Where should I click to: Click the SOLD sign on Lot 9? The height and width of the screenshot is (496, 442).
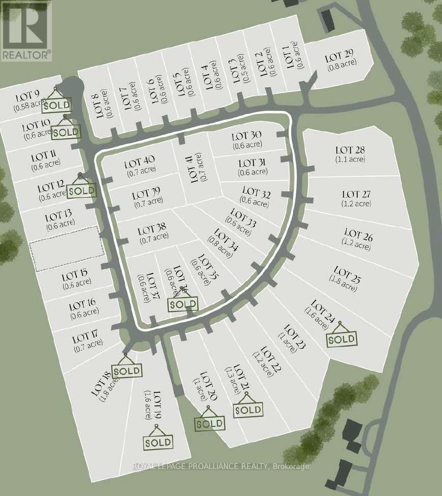(x=56, y=106)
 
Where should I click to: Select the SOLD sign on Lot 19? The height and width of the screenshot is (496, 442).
(x=159, y=442)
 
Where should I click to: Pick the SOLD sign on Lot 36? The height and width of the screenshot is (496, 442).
(x=183, y=304)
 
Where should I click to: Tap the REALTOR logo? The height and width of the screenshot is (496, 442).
(x=26, y=31)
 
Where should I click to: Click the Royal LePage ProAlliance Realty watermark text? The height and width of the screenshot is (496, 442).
(x=220, y=466)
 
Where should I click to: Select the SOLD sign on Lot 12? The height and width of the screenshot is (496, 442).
(x=82, y=191)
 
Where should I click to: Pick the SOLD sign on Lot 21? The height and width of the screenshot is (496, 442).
(x=249, y=409)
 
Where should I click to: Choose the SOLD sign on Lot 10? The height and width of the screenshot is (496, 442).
(x=66, y=132)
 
